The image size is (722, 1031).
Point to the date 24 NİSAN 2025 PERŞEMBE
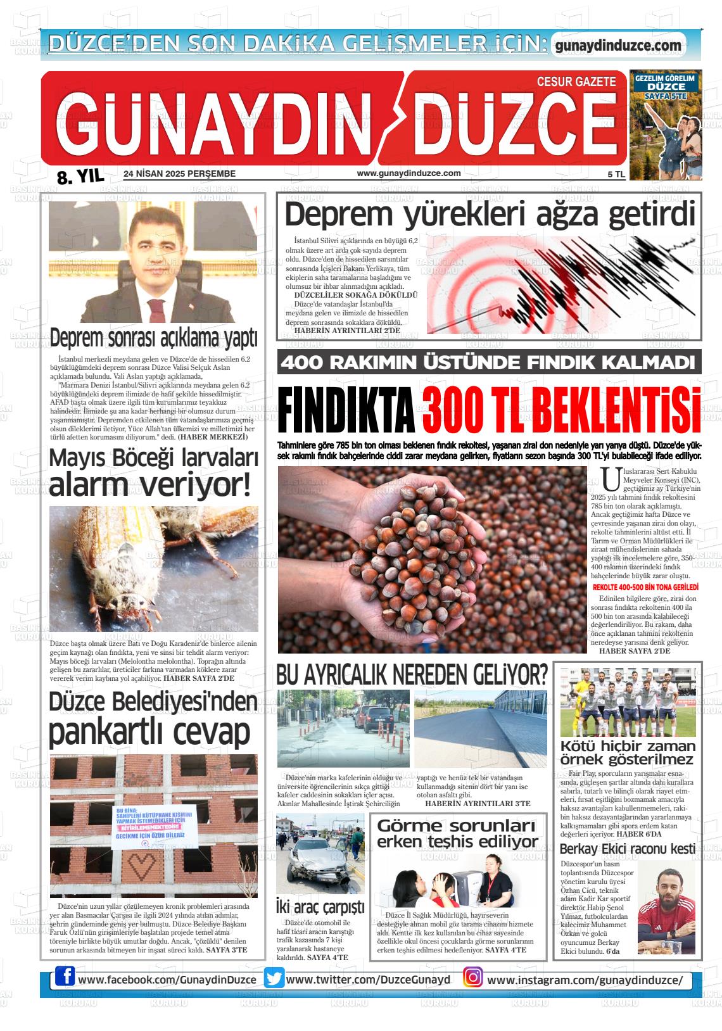click(180, 174)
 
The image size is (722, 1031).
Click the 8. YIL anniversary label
click(80, 176)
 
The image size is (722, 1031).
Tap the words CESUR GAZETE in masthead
click(576, 82)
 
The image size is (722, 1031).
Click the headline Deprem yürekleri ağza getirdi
click(490, 215)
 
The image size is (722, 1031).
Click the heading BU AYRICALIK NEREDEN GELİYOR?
click(412, 675)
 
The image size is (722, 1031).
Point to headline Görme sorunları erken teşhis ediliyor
click(457, 833)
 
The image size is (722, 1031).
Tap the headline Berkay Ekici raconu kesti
click(628, 849)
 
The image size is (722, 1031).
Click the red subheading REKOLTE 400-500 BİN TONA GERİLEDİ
click(645, 587)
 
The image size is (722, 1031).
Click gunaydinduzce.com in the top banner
click(617, 46)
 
